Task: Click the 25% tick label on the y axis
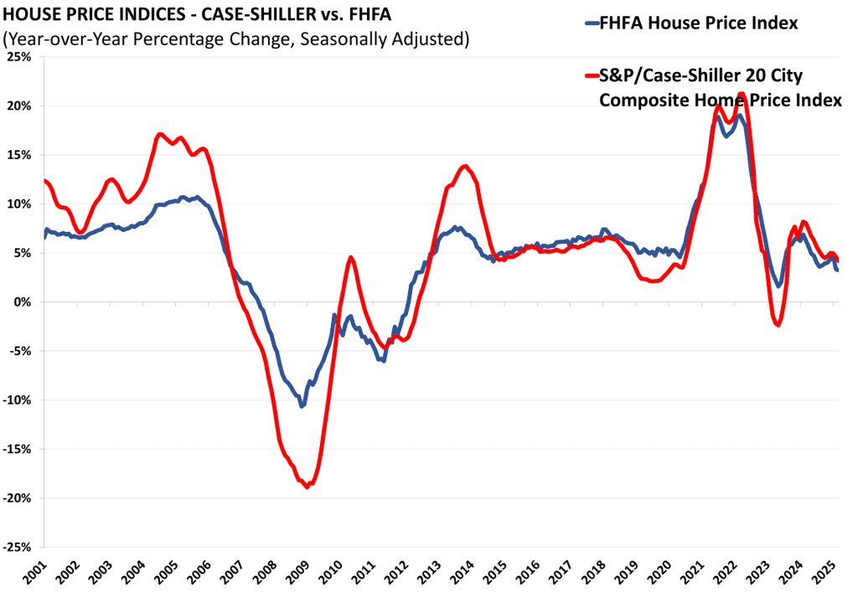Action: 18,57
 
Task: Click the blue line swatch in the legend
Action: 588,23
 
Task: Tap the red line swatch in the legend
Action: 588,76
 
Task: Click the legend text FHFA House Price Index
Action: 698,23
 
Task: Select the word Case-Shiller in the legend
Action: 679,76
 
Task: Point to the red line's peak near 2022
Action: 742,94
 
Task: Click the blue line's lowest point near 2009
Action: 302,406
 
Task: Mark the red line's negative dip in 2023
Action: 778,325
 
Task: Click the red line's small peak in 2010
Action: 351,257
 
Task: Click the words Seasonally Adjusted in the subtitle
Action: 385,39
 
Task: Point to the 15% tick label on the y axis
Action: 18,155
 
